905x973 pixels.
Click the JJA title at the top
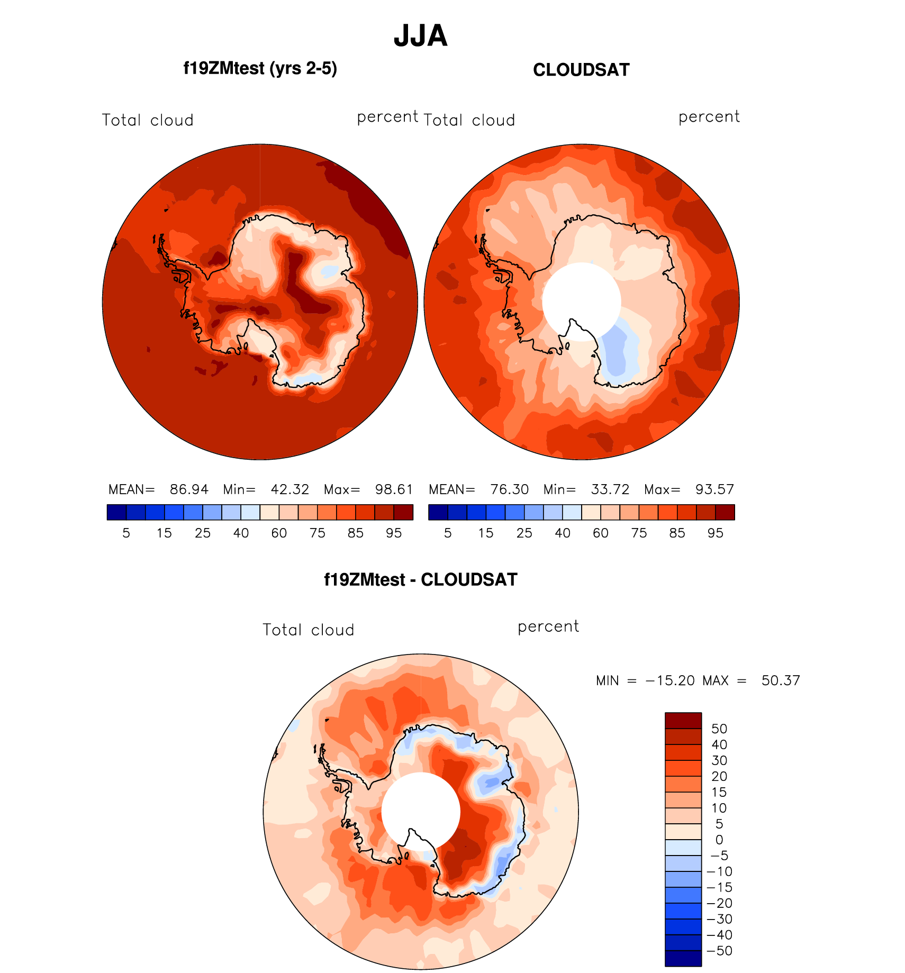(421, 36)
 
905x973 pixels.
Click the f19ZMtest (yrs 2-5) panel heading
(260, 69)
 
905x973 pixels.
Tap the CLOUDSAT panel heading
(581, 70)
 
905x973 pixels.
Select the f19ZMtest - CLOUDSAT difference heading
(421, 580)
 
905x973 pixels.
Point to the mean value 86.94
(189, 489)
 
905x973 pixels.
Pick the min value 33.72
(610, 489)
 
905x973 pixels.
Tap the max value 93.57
(714, 489)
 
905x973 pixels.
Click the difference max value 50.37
(781, 680)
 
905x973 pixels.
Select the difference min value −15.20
(670, 680)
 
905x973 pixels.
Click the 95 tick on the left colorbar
(394, 533)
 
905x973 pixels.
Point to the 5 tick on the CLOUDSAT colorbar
(448, 533)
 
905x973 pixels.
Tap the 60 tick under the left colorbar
(279, 533)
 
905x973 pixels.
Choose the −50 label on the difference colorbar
(720, 951)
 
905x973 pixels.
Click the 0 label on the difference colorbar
(719, 840)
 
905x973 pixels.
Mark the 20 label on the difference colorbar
(719, 776)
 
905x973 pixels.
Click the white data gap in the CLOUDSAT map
(581, 301)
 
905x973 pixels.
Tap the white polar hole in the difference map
(421, 811)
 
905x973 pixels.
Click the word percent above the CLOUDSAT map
(709, 117)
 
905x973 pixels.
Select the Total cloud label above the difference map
(309, 630)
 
